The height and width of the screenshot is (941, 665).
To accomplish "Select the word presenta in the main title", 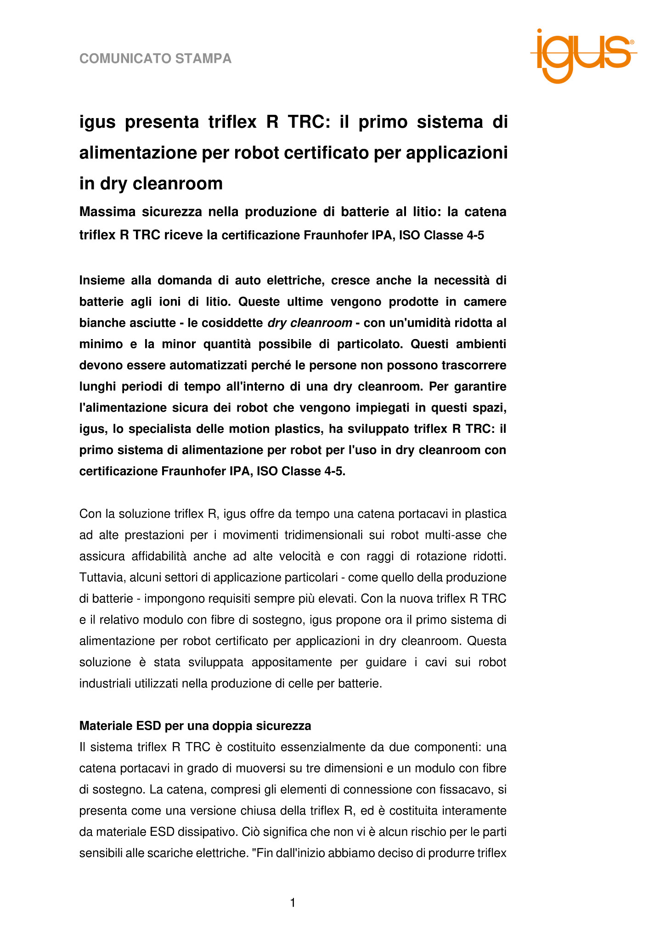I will (x=160, y=122).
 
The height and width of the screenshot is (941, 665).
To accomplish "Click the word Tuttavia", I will (x=101, y=578).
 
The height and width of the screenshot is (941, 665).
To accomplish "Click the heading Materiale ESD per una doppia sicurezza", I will (x=195, y=726).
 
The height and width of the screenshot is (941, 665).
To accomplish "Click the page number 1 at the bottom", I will (x=293, y=903).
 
